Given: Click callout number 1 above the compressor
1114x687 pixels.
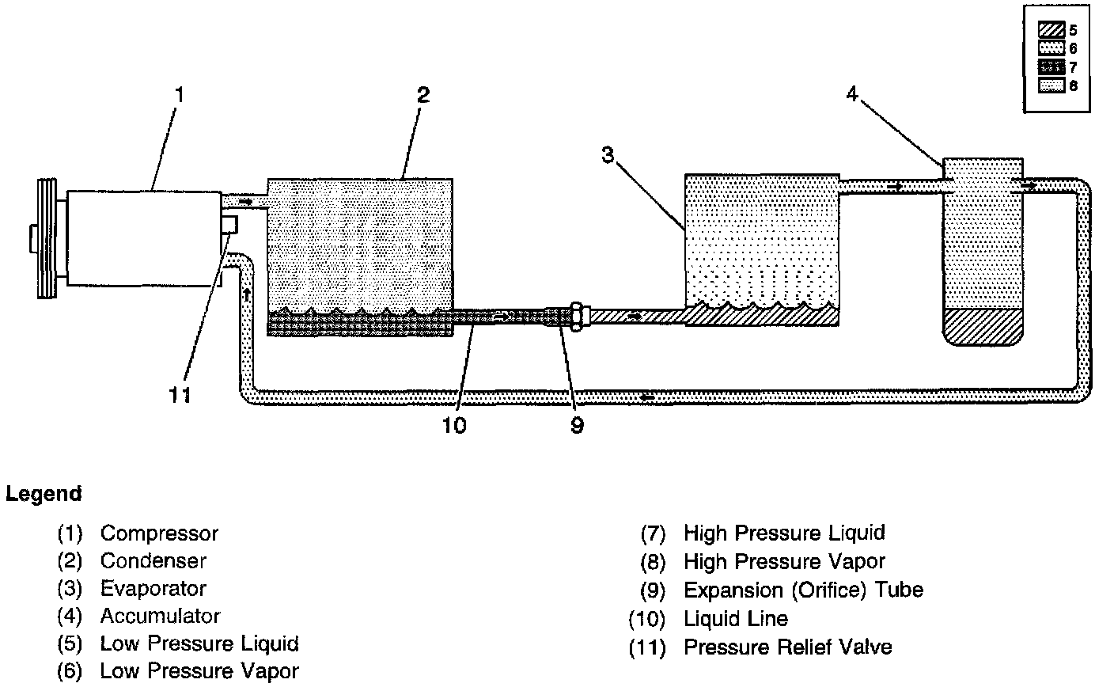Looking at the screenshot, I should point(180,95).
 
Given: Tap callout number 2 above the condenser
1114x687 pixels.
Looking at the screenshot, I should point(423,95).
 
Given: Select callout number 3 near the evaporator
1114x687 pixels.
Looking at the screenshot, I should point(608,155).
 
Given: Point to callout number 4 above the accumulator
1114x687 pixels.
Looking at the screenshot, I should point(851,94).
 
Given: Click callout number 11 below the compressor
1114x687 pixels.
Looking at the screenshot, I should point(181,393).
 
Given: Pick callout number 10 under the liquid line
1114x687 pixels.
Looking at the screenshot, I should point(454,425).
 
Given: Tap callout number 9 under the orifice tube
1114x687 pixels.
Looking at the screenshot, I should point(577,425).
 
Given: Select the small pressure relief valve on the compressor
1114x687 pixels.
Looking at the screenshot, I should point(229,224).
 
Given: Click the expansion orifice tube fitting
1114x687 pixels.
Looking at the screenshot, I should point(578,317).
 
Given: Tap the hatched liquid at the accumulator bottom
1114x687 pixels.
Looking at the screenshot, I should point(983,325).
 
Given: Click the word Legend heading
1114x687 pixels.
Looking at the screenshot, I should point(44,495).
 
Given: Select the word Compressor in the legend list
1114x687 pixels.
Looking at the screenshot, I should point(159,533).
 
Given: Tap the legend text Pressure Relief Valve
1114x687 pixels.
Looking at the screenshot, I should point(787,647).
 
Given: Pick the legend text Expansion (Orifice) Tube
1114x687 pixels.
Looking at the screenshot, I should point(803,590).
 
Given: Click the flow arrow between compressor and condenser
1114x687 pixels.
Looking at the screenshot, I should point(245,203).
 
